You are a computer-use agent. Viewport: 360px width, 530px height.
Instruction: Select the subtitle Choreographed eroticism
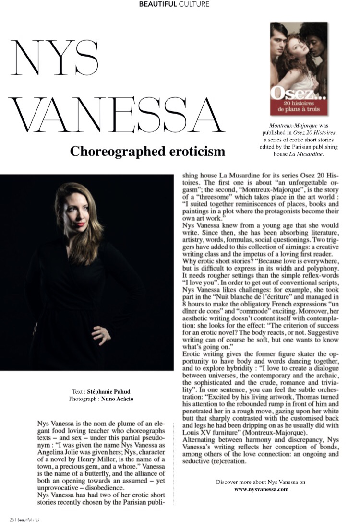tap(147, 152)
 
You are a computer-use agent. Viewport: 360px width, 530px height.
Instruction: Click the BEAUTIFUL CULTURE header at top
tap(174, 4)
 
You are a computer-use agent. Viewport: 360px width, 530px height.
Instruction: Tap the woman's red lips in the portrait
tap(80, 224)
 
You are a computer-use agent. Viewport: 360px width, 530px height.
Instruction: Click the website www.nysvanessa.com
tap(261, 489)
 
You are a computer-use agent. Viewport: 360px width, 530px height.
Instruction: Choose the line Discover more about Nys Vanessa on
tap(261, 482)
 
